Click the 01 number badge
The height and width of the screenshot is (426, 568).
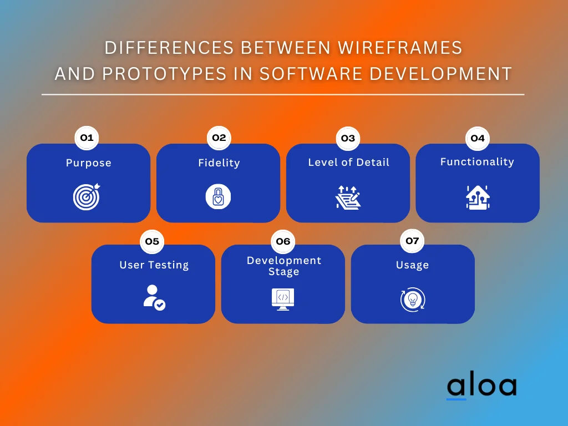tap(87, 138)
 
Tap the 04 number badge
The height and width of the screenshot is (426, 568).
tap(477, 138)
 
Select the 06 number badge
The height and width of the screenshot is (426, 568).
tap(283, 241)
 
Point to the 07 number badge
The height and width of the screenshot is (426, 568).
tap(412, 241)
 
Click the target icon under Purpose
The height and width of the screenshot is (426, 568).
tap(87, 197)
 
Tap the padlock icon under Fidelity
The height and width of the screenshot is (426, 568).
tap(218, 197)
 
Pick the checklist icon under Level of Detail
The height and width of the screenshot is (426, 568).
tap(348, 197)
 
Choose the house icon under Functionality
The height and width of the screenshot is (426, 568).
tap(477, 197)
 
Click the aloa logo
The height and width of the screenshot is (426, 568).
tap(481, 386)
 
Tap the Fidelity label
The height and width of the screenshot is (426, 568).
tap(219, 163)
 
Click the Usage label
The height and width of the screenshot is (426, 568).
tap(412, 265)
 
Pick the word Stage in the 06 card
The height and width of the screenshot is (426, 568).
tap(283, 272)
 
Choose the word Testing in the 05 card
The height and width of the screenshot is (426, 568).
tap(169, 265)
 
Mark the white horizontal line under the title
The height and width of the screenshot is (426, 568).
tap(283, 94)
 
